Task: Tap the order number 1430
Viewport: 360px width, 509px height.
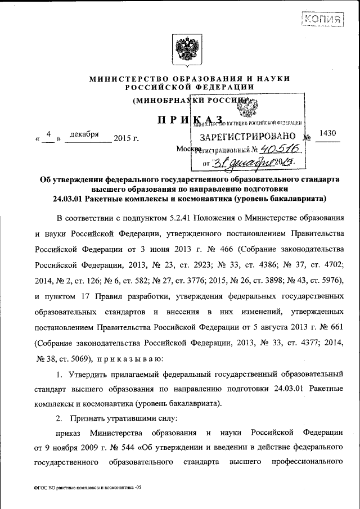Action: pos(327,133)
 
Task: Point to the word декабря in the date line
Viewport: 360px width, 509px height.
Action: pos(85,134)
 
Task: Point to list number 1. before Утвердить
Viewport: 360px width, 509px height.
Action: pos(59,373)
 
